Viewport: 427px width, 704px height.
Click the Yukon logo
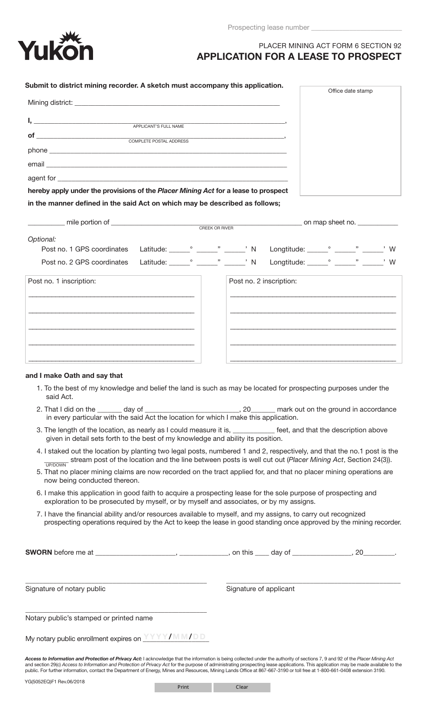pyautogui.click(x=55, y=47)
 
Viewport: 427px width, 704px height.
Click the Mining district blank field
pyautogui.click(x=177, y=103)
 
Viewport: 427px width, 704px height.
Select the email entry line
pyautogui.click(x=166, y=164)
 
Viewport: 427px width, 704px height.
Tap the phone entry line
pyautogui.click(x=167, y=150)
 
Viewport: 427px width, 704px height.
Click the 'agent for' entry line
pyautogui.click(x=172, y=178)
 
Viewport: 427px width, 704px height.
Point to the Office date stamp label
pyautogui.click(x=350, y=91)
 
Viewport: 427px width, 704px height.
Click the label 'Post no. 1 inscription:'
pyautogui.click(x=62, y=281)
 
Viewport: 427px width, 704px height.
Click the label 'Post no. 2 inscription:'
pyautogui.click(x=263, y=281)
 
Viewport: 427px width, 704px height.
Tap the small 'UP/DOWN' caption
pyautogui.click(x=56, y=465)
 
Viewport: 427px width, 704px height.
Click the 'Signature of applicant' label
pyautogui.click(x=260, y=589)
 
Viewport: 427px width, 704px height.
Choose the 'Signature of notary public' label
pyautogui.click(x=65, y=589)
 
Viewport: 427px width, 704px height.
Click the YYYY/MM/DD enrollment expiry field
pyautogui.click(x=175, y=637)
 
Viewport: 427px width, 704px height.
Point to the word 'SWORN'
pyautogui.click(x=39, y=552)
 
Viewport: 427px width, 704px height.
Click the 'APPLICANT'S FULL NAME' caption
pyautogui.click(x=158, y=126)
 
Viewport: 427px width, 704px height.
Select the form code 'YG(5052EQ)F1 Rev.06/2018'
pyautogui.click(x=55, y=682)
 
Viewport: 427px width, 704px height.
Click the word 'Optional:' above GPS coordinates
pyautogui.click(x=42, y=239)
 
